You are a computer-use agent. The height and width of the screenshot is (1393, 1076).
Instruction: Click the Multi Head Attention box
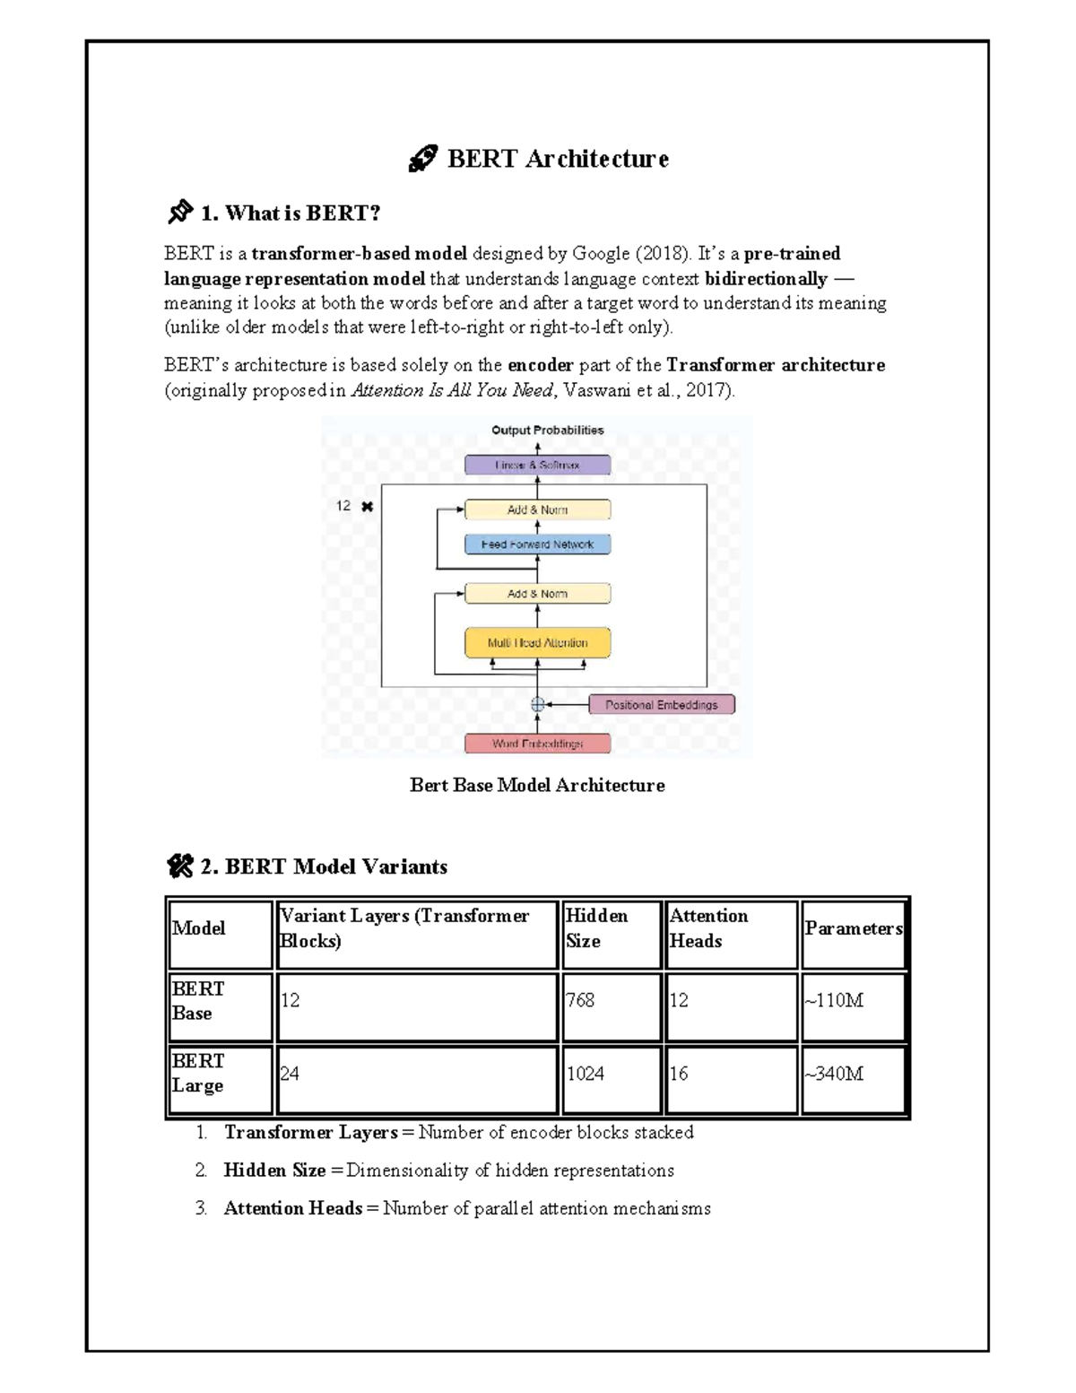(x=537, y=643)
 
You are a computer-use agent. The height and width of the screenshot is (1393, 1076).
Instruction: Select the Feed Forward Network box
(x=537, y=544)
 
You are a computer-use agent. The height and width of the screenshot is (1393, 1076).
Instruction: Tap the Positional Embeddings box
(x=661, y=705)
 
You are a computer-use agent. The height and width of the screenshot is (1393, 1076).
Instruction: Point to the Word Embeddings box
(x=537, y=744)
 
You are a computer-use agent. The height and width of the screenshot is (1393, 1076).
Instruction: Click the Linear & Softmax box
(x=537, y=466)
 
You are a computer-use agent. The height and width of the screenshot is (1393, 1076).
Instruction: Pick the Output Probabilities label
(x=547, y=431)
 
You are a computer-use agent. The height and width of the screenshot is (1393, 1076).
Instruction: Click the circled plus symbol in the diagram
(x=537, y=705)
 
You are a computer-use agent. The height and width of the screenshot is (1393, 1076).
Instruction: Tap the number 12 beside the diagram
(x=343, y=507)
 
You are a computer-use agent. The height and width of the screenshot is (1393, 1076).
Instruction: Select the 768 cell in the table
(x=580, y=1000)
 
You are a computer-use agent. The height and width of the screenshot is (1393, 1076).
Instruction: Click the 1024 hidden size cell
(x=585, y=1074)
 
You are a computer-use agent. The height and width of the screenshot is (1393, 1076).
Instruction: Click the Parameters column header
(x=853, y=928)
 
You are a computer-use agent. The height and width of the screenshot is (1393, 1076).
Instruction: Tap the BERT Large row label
(x=197, y=1073)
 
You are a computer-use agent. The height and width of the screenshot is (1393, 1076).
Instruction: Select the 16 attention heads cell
(x=679, y=1074)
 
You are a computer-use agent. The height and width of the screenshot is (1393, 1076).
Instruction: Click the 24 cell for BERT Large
(x=290, y=1074)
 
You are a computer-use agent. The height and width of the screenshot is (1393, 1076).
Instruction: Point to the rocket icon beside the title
(x=421, y=160)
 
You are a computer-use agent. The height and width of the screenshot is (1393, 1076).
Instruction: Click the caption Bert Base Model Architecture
(x=537, y=786)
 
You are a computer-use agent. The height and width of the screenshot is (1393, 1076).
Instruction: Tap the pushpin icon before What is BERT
(x=179, y=213)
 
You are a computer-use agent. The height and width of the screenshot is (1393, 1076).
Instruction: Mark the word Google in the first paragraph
(x=601, y=254)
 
